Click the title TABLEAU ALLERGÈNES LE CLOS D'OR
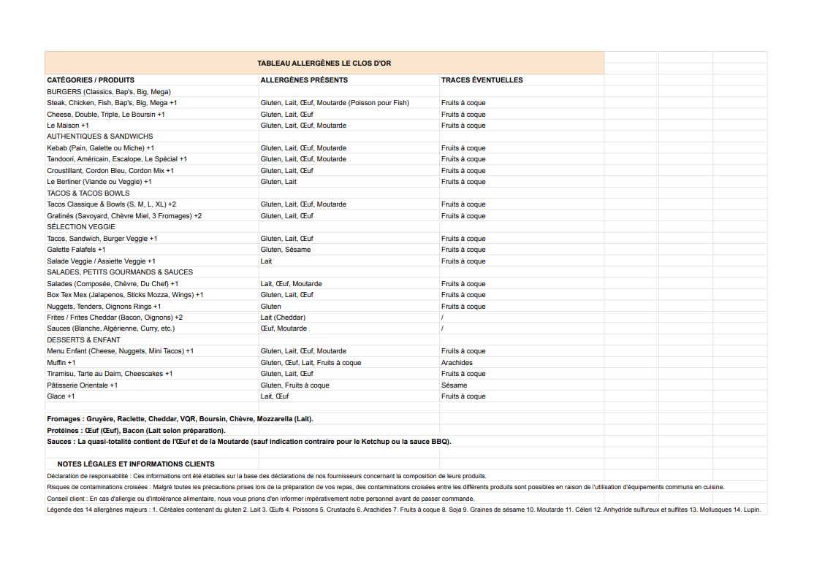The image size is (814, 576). point(324,64)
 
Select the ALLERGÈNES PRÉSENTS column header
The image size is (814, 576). point(304,80)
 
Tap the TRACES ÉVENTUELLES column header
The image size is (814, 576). point(482,80)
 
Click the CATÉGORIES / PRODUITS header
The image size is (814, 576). point(91,80)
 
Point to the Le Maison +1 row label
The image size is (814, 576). point(68,126)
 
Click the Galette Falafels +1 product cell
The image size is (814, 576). point(76,250)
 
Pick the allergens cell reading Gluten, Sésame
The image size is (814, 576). point(286,250)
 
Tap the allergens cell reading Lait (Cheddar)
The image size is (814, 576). point(283,318)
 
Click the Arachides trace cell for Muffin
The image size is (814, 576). point(457,363)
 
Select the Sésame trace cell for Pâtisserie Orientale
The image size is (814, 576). point(454,385)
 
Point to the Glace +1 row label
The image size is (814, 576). point(61,396)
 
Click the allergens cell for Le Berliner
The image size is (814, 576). point(278,182)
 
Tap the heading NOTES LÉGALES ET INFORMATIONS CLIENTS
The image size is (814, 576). point(136,464)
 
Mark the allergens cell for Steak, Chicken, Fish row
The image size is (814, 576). point(335,103)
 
